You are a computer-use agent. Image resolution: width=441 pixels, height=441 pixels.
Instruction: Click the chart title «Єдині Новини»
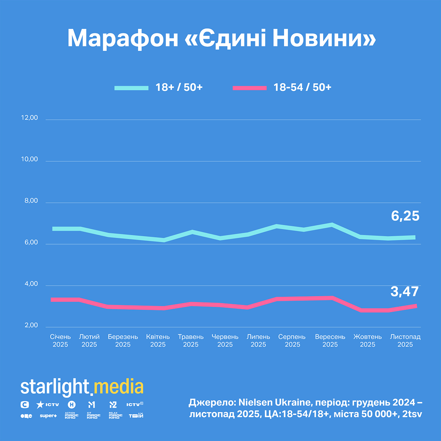tap(221, 38)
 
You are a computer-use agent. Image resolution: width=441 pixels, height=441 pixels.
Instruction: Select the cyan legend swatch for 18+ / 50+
tap(131, 88)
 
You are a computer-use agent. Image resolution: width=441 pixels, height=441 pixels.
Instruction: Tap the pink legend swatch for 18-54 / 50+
tap(250, 88)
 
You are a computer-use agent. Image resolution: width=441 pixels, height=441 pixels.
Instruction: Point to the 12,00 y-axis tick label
tap(29, 118)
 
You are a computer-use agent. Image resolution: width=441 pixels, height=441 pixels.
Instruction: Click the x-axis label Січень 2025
tap(60, 341)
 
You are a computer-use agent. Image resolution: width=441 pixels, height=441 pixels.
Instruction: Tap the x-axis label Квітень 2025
tap(158, 341)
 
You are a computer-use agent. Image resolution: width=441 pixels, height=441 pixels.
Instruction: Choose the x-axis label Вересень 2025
tap(330, 341)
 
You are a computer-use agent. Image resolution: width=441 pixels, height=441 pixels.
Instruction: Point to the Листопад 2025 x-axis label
tap(405, 341)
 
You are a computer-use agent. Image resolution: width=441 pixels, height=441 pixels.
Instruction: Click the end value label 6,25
tap(405, 216)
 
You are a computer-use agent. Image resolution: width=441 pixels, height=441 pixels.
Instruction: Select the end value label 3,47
tap(405, 292)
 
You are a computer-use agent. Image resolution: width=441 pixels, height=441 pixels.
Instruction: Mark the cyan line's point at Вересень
tap(332, 224)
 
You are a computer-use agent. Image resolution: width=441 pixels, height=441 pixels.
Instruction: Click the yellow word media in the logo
tap(118, 387)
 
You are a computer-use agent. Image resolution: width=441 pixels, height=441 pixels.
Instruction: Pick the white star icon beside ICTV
tap(40, 405)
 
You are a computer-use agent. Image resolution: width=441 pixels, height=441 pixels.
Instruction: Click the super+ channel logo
tap(48, 416)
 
